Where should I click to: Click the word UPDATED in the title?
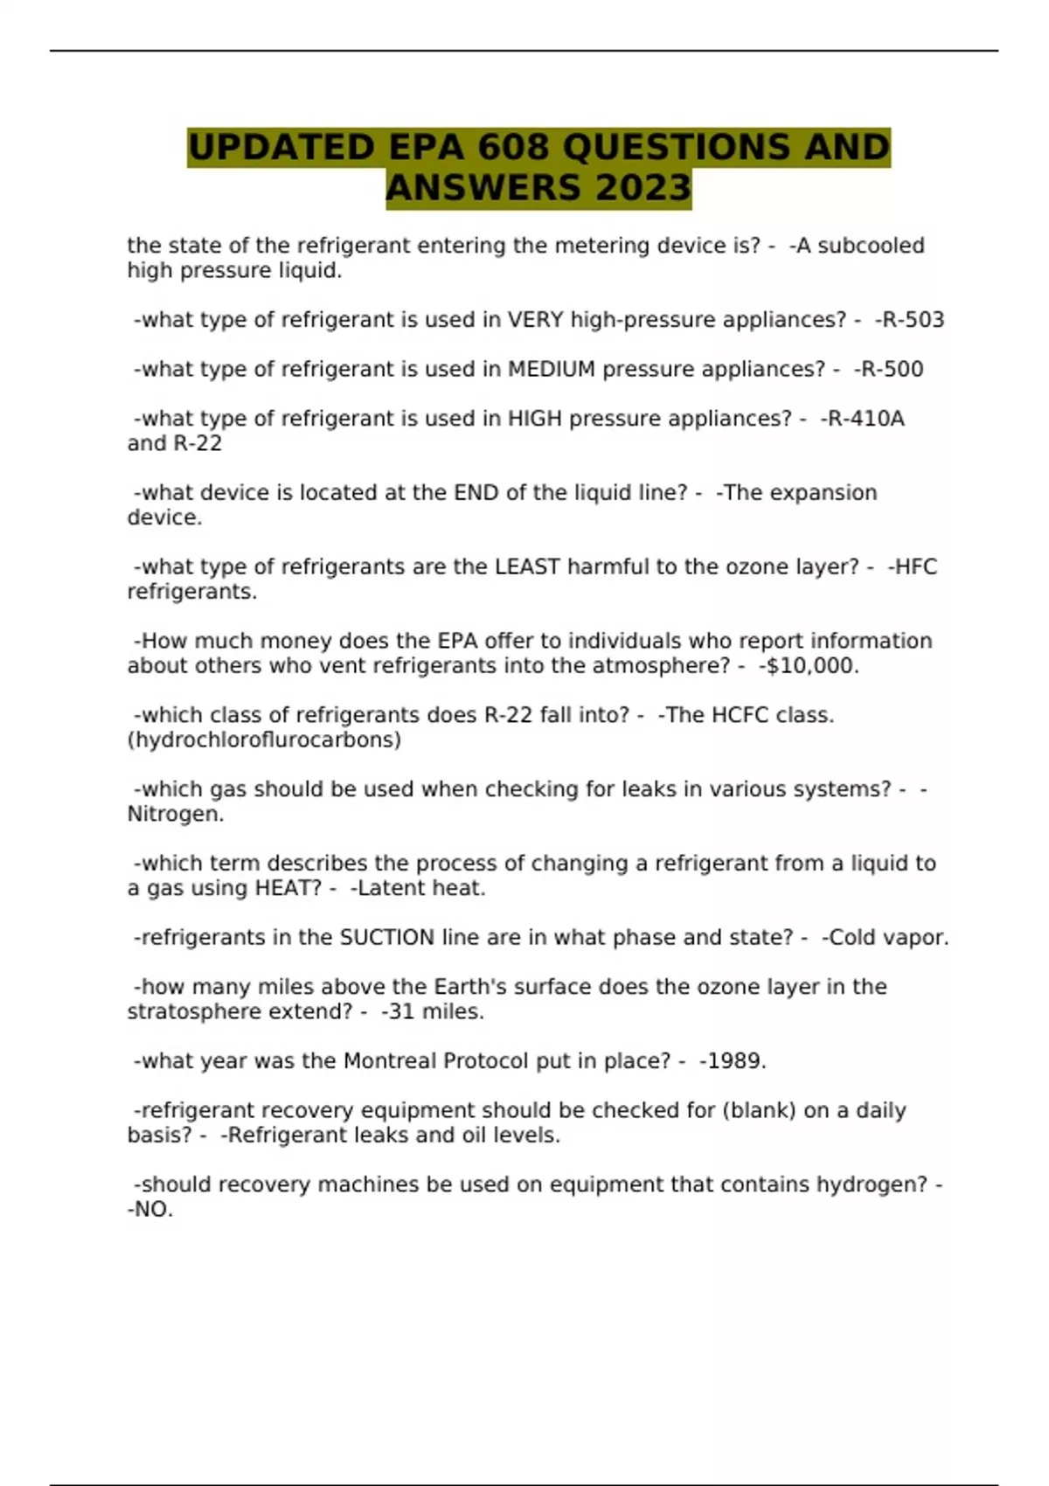[281, 147]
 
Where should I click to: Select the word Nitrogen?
[175, 815]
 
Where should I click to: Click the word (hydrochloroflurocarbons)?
[264, 740]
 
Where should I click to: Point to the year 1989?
[733, 1061]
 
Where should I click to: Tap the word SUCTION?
[386, 938]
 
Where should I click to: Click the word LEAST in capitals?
[527, 567]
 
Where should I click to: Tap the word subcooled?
[871, 246]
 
